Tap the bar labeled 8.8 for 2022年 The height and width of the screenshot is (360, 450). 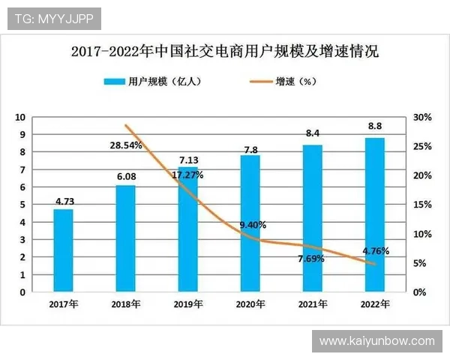point(375,214)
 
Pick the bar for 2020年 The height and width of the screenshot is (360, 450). point(250,223)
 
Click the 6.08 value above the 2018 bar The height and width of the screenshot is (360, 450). point(126,177)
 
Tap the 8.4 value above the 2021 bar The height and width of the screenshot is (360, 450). point(313,133)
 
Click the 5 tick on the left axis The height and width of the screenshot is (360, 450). point(22,205)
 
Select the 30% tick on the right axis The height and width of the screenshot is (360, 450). point(422,118)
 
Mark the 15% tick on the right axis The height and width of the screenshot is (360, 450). point(422,205)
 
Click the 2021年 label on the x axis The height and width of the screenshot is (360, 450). point(313,304)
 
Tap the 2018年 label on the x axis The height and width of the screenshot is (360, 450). point(126,304)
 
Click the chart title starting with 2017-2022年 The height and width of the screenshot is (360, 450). point(225,52)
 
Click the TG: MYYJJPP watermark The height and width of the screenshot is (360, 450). point(52,19)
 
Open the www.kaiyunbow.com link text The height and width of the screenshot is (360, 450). point(376,341)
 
